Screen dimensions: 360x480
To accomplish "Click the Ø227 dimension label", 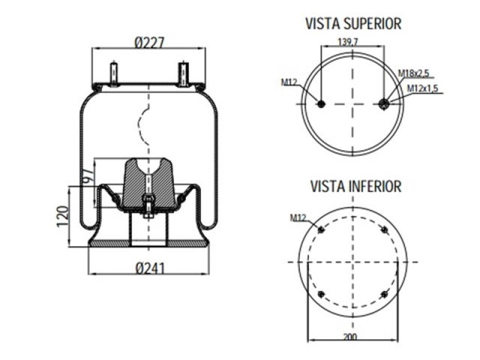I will point(149,43).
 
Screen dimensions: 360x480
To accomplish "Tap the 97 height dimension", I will point(86,179).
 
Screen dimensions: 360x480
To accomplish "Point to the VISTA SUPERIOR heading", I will point(353,23).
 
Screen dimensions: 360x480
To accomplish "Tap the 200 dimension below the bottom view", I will point(349,337).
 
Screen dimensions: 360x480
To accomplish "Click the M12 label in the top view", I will point(289,82).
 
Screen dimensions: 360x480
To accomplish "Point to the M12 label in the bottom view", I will point(298,217).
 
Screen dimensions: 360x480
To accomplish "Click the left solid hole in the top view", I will point(321,104).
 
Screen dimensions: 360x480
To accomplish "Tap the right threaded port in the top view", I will point(385,103).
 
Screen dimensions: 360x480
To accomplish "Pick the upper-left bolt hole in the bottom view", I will point(321,229).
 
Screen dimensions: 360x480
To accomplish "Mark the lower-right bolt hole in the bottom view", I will point(384,294).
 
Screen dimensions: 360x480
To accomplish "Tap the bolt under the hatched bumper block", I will point(148,204).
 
